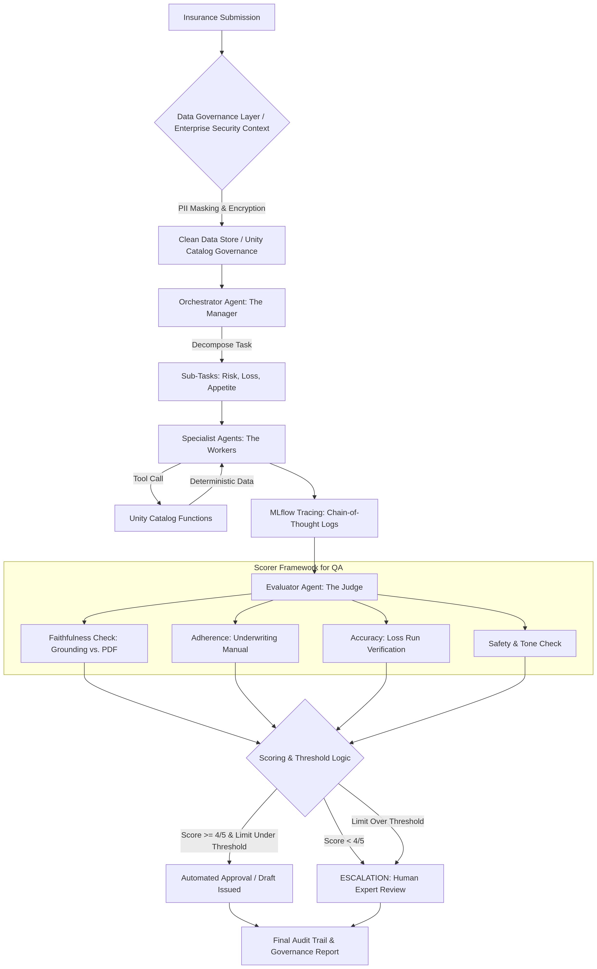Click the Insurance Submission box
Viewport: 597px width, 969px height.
coord(221,17)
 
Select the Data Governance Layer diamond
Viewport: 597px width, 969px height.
coord(221,122)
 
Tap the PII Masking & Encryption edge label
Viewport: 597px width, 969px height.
coord(221,208)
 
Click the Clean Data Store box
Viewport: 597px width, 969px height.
coord(221,245)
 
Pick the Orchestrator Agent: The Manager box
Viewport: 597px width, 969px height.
coord(221,308)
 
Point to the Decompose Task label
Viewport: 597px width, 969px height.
coord(221,345)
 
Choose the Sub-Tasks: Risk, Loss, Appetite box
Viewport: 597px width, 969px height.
coord(221,382)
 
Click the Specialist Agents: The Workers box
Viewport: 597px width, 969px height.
coord(221,444)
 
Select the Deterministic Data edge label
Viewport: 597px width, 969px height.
coord(221,481)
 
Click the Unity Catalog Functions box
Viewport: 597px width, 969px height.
coord(171,518)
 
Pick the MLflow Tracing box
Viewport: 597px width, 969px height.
coord(314,518)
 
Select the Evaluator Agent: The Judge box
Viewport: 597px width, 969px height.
coord(314,587)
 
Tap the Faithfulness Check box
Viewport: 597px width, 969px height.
coord(84,644)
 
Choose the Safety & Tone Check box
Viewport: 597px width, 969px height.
coord(525,644)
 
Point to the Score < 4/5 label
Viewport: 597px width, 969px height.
coord(344,841)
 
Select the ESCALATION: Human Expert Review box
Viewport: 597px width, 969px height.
coord(380,884)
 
